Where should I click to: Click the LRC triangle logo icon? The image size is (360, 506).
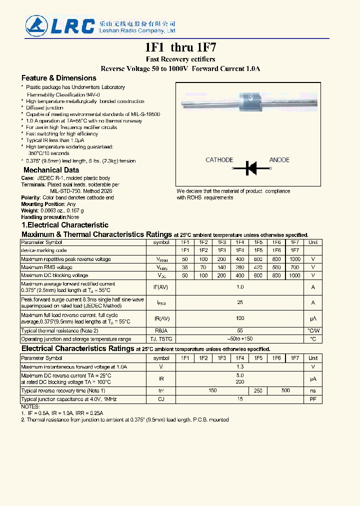37,26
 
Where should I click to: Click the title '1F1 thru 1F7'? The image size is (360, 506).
180,48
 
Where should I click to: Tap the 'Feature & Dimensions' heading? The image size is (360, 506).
58,78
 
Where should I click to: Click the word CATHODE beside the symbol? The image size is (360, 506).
219,160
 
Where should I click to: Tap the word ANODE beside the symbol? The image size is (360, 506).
279,160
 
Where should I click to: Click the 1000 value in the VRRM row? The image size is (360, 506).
295,259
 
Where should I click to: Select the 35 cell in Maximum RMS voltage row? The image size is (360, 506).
185,267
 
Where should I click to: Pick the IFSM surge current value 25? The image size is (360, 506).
240,302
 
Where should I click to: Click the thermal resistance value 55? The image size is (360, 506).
240,331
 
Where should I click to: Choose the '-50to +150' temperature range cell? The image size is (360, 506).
240,339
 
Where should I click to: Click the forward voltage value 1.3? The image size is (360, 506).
240,367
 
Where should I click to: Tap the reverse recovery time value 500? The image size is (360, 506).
285,390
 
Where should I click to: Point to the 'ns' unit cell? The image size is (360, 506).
313,390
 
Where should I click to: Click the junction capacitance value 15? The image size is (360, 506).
240,399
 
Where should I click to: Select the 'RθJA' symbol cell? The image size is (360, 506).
161,331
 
